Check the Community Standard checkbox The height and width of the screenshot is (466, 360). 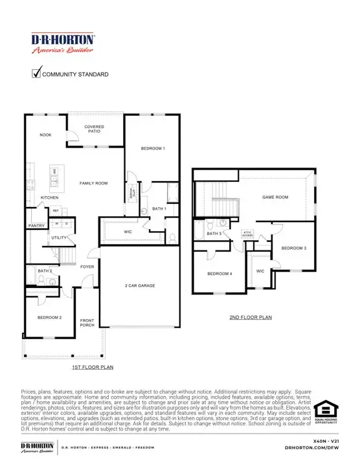pos(37,73)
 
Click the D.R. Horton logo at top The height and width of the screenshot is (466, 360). pos(63,43)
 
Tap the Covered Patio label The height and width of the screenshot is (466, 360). pos(94,129)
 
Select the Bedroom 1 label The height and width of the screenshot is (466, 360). pos(153,149)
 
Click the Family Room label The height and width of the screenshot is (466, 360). pos(93,183)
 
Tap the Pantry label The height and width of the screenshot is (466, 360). pos(35,226)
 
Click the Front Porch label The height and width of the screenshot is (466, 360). pos(87,323)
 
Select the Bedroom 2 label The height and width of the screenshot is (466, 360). pos(49,318)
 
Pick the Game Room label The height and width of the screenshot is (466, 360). pos(275,197)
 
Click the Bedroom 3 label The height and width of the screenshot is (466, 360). pos(294,249)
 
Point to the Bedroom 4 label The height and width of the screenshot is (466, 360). pos(219,274)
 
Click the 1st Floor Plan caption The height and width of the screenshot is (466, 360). pos(93,366)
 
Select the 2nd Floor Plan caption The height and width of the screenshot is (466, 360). pos(251,318)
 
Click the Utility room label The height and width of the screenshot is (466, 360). pos(59,238)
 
